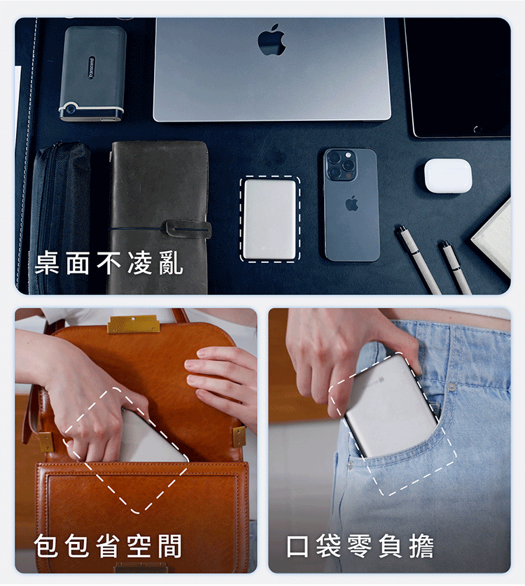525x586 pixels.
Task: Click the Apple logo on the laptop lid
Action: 272,39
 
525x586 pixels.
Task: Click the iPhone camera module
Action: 340,165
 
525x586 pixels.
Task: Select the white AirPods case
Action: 448,176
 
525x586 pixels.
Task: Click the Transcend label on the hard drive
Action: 92,68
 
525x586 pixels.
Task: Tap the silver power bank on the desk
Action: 269,219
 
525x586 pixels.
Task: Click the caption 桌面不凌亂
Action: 109,263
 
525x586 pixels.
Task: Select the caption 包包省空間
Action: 108,546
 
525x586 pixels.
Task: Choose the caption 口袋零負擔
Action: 360,546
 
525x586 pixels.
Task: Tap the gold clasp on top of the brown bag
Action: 134,324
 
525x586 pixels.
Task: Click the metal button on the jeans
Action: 452,387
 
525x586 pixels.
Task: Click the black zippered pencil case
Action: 60,217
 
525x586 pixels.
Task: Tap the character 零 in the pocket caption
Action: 360,546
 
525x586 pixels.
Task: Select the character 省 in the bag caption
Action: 108,546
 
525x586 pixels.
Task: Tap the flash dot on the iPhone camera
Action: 349,155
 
